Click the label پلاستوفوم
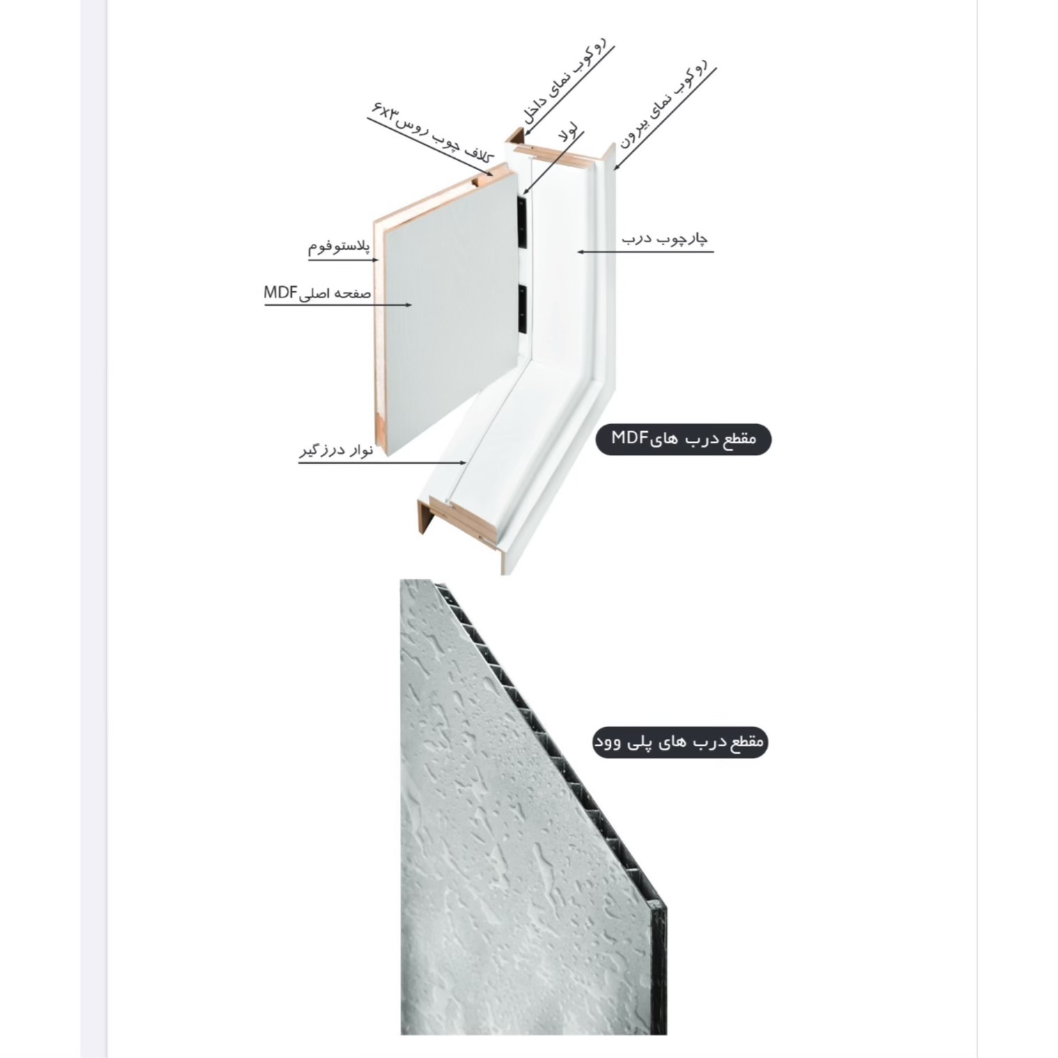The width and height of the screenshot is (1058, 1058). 339,247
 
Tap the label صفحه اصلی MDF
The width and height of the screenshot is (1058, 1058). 317,293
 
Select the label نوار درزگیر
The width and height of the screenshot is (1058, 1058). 336,450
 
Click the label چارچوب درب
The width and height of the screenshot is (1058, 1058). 664,238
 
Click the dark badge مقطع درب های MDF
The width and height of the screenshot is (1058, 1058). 683,439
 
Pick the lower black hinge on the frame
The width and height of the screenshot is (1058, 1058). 522,308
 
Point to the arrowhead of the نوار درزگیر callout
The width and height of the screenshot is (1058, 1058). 463,462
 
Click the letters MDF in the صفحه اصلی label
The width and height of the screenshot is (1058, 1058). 281,293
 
